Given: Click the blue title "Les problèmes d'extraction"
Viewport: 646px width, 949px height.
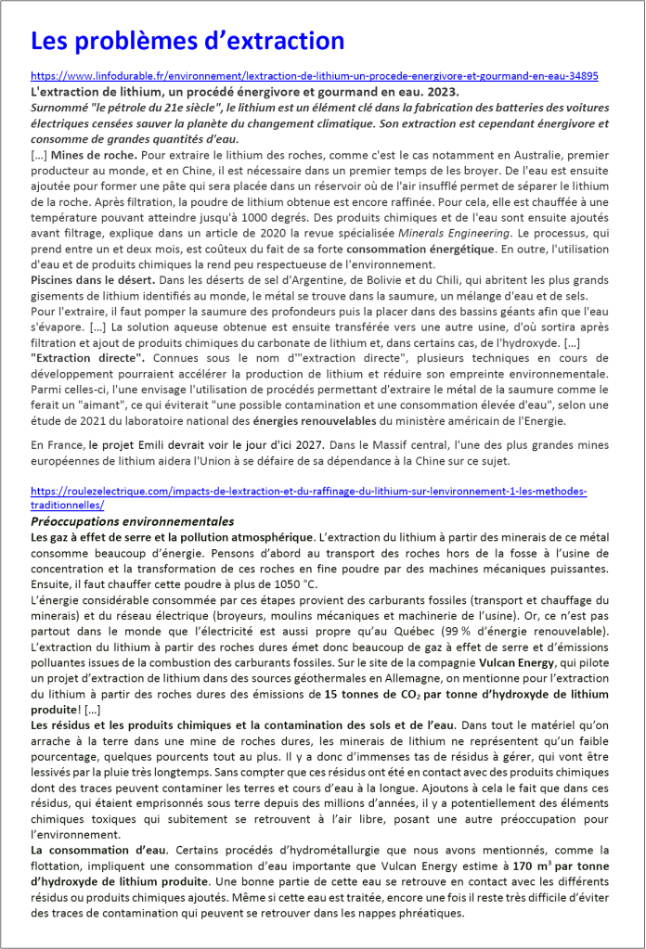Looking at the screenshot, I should tap(187, 41).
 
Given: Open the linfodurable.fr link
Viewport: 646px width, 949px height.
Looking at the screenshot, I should tap(314, 76).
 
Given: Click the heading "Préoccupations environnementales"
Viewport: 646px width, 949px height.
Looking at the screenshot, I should tap(133, 522).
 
